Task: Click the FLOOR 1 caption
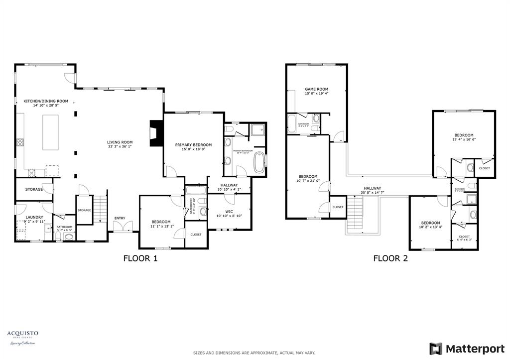click(140, 258)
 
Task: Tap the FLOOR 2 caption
click(390, 258)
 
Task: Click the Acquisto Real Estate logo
click(22, 337)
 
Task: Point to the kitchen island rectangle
click(51, 131)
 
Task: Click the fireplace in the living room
click(154, 133)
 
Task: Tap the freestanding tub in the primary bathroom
click(259, 162)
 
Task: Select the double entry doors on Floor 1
click(123, 227)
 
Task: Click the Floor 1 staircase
click(101, 209)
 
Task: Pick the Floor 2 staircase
click(356, 214)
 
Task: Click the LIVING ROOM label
click(121, 142)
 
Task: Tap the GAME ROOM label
click(317, 89)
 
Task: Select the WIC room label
click(229, 212)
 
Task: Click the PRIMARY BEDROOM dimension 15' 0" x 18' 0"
click(193, 149)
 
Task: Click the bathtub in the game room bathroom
click(292, 123)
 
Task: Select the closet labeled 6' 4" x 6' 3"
click(464, 239)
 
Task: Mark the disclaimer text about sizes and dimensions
click(255, 353)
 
